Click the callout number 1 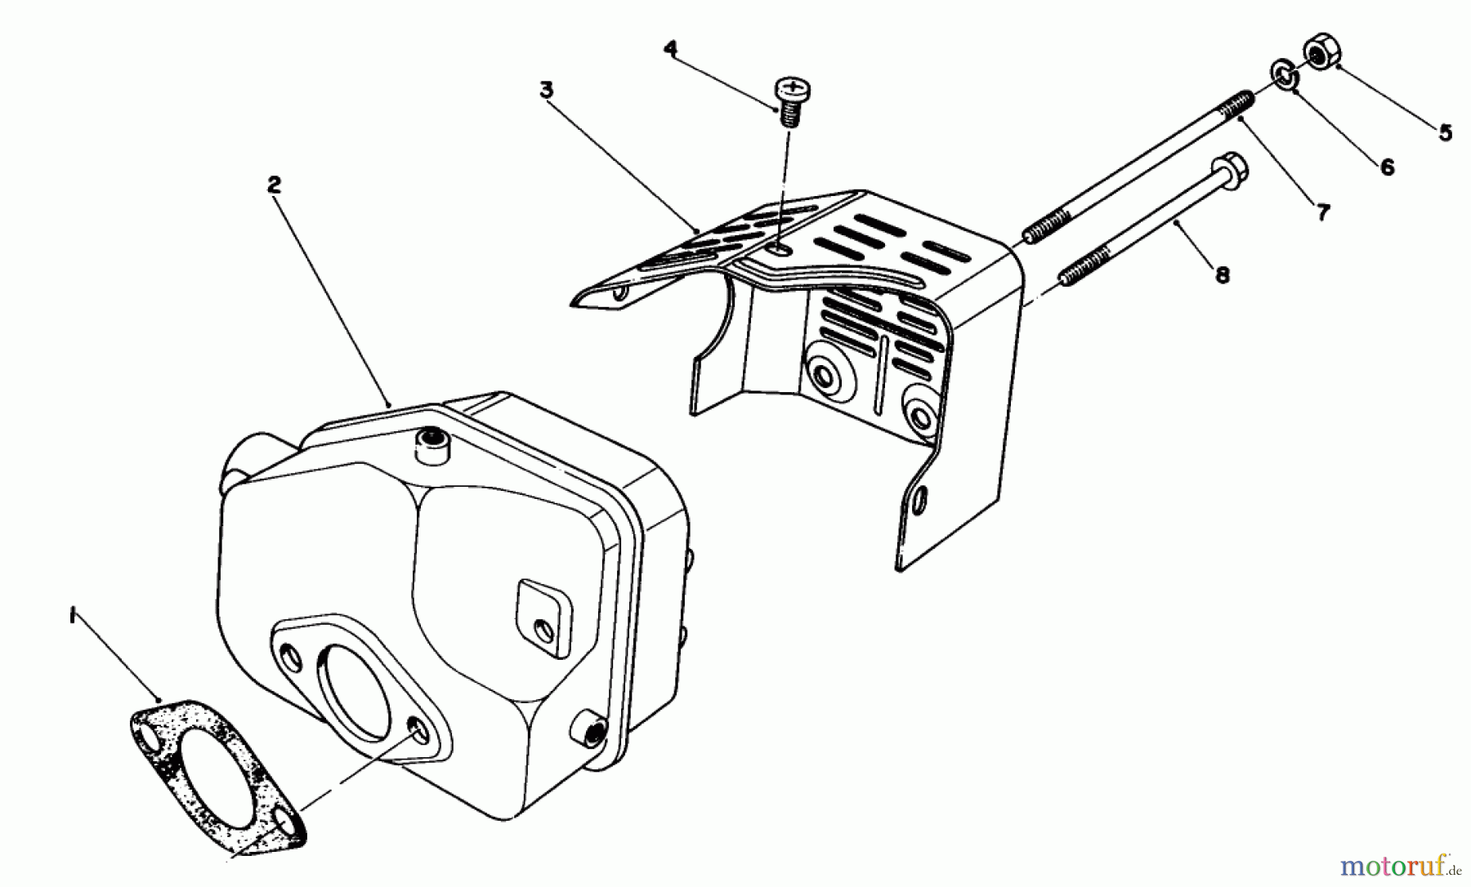point(74,614)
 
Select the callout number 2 point(274,185)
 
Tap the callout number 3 point(547,90)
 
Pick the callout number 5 point(1446,132)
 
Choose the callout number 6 point(1387,167)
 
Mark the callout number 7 point(1323,212)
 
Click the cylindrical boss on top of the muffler point(430,445)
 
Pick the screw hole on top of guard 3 point(780,249)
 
